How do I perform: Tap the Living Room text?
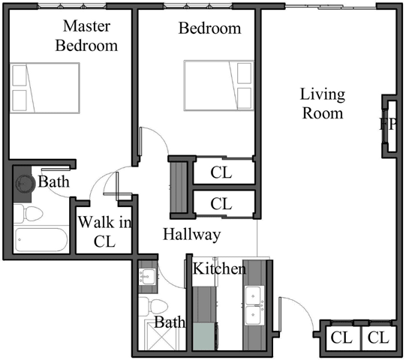(x=322, y=103)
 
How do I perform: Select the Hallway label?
(x=192, y=235)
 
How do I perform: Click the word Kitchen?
(x=219, y=268)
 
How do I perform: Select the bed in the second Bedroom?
(x=218, y=85)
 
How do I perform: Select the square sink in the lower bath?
(x=146, y=277)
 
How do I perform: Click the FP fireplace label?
(x=387, y=124)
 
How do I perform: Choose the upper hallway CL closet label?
(x=221, y=172)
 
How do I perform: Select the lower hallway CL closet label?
(x=221, y=203)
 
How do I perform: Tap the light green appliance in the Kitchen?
(x=203, y=335)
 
